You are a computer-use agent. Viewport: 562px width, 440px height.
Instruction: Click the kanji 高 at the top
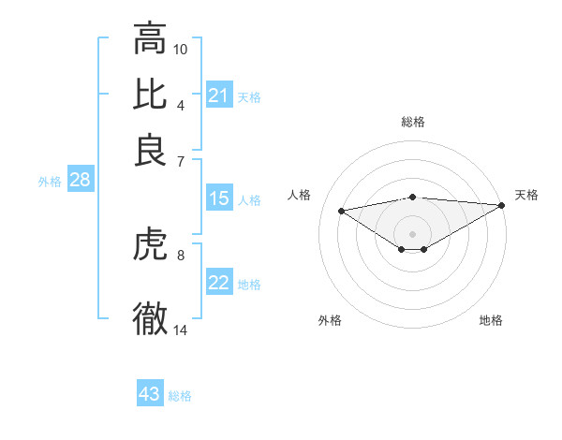click(150, 39)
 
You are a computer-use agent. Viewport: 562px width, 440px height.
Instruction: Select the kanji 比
click(150, 94)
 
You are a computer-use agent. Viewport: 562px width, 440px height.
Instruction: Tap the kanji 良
click(150, 150)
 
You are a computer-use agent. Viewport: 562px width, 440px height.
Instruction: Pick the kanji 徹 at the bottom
click(150, 318)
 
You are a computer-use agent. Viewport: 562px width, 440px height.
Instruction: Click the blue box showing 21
click(219, 95)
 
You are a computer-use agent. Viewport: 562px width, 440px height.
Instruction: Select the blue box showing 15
click(219, 198)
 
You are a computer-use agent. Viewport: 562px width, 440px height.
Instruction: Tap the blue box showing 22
click(219, 283)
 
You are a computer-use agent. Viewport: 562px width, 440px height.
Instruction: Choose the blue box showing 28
click(80, 181)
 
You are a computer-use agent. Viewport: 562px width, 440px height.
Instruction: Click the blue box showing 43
click(150, 394)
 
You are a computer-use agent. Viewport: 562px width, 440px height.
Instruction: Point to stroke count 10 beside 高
click(181, 47)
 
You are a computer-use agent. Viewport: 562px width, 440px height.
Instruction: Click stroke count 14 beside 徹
click(181, 330)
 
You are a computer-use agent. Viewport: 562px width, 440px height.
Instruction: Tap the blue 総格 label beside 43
click(180, 396)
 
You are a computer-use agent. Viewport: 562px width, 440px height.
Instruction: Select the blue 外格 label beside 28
click(50, 183)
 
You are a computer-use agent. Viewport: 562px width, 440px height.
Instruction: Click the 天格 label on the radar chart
click(526, 195)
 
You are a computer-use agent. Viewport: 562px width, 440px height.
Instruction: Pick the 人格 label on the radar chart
click(300, 195)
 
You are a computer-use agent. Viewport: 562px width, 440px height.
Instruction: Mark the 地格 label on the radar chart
click(491, 320)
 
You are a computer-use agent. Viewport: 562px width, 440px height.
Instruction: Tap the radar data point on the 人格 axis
click(342, 210)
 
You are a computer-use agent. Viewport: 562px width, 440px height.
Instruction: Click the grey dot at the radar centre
click(413, 232)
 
